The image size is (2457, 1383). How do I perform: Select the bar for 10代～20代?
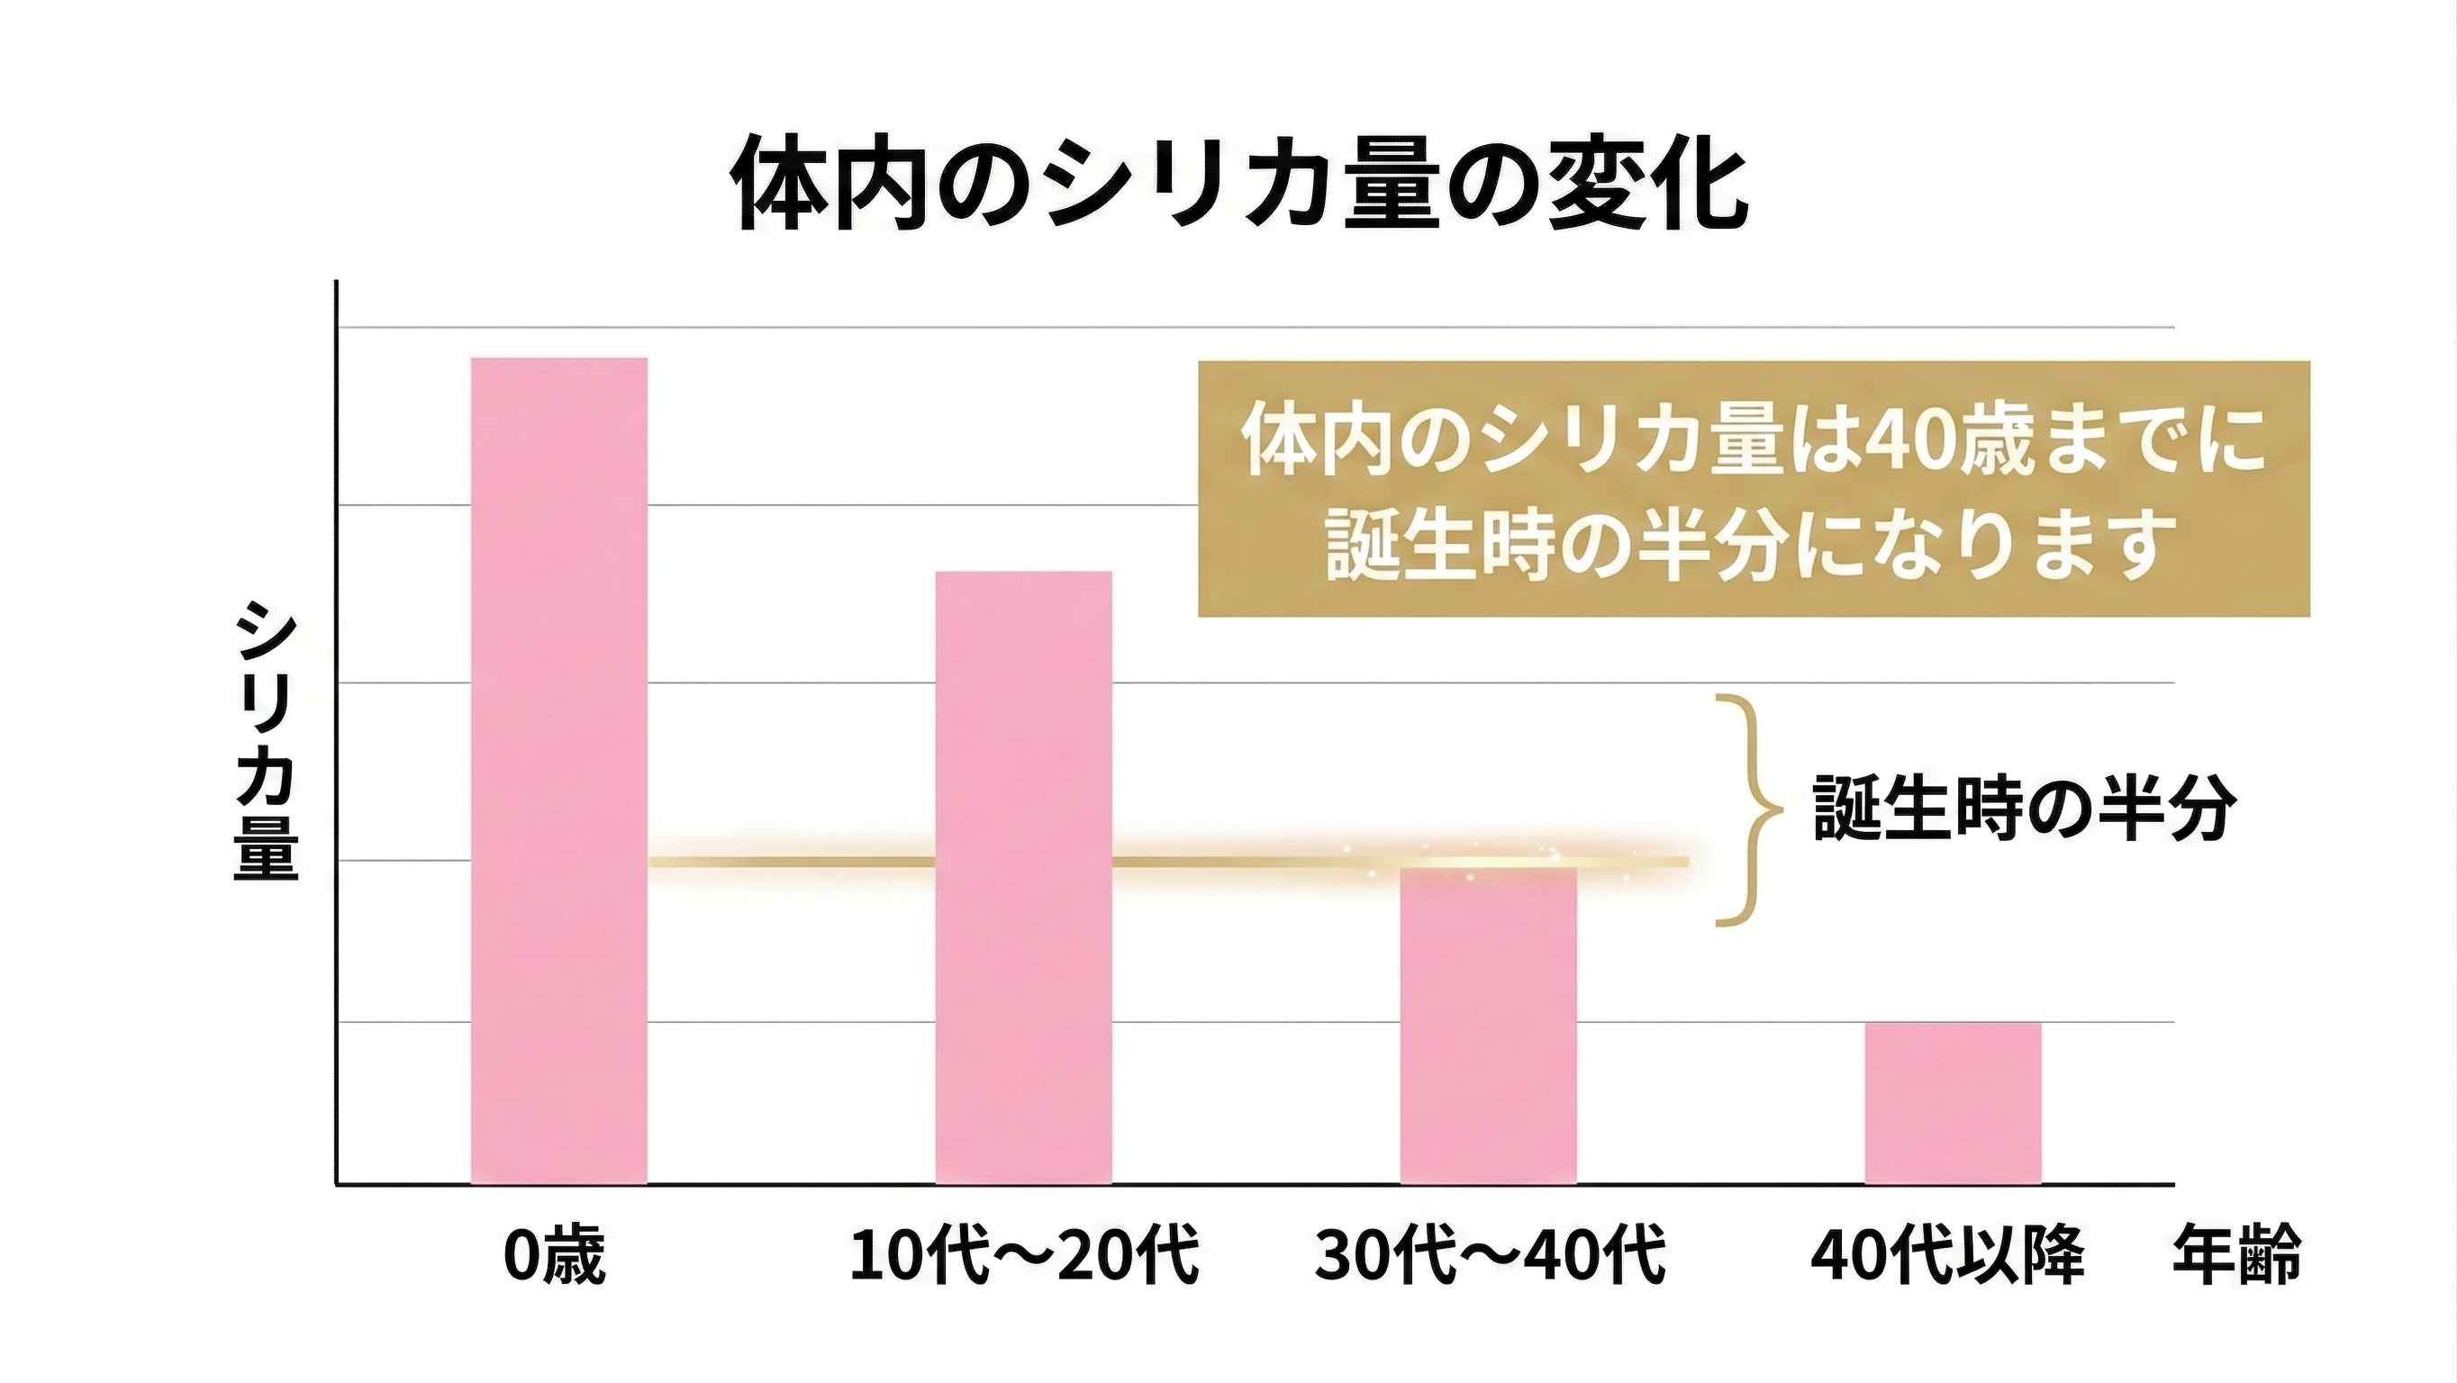[x=1023, y=878]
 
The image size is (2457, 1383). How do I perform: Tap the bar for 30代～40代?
[x=1488, y=1026]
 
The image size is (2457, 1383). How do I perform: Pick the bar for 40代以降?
[x=1953, y=1103]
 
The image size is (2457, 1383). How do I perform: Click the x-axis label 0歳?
[x=554, y=1256]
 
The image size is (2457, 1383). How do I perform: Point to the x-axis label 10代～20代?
[x=1023, y=1256]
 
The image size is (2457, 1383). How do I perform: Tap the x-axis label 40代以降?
[x=1946, y=1256]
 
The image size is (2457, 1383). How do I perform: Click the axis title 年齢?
[x=2236, y=1256]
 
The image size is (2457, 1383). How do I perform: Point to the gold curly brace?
[x=1751, y=809]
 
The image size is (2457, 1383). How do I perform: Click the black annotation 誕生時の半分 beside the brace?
[x=2023, y=809]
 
